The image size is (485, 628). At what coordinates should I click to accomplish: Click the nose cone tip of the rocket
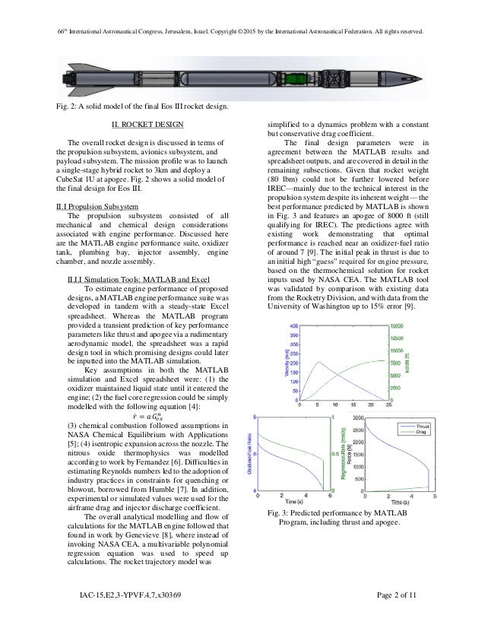(429, 77)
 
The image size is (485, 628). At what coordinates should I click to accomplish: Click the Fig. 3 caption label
(268, 517)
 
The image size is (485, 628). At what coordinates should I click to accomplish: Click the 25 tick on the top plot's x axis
(390, 405)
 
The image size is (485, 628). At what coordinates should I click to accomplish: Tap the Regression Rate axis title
(344, 455)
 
